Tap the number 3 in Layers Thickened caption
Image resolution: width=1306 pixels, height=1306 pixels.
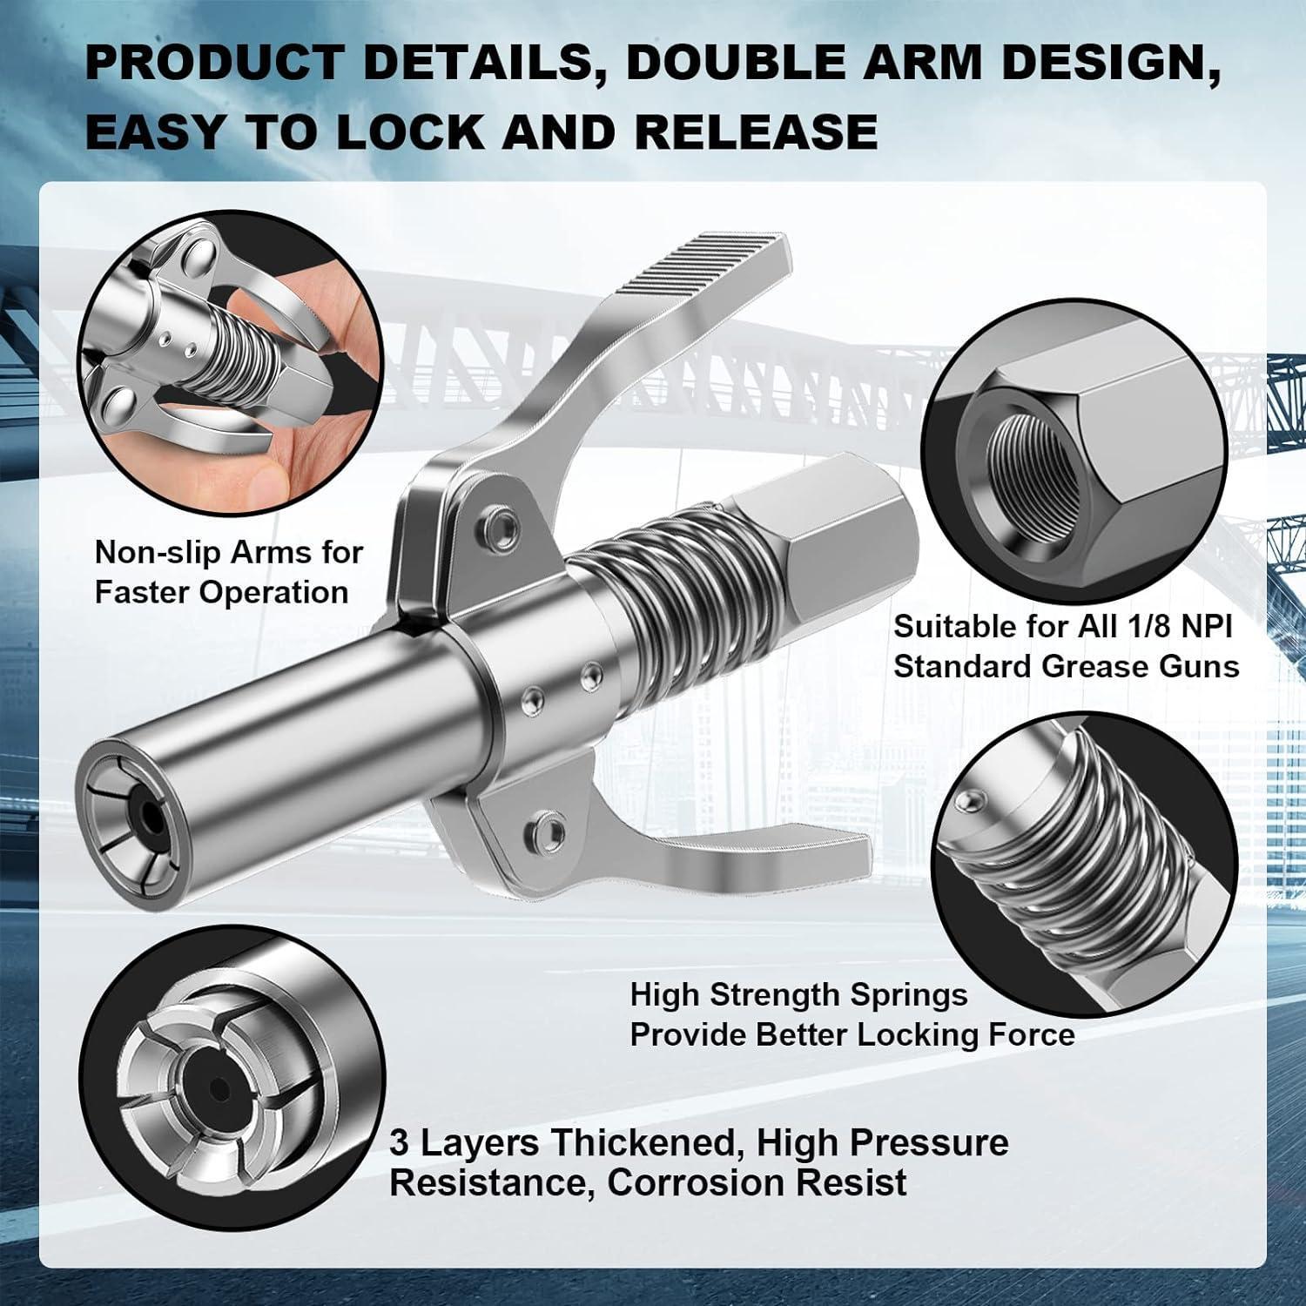399,1142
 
